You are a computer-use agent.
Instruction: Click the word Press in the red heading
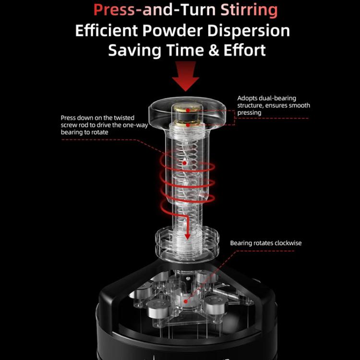coord(114,10)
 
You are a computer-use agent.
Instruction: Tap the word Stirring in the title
coord(249,11)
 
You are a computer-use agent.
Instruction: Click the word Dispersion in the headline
coord(249,31)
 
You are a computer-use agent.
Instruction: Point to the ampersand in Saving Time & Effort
coord(214,50)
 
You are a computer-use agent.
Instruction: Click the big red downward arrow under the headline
coord(185,76)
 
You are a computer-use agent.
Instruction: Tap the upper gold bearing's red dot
coord(188,110)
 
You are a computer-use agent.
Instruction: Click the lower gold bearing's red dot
coord(188,125)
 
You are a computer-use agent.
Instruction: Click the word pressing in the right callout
coord(249,113)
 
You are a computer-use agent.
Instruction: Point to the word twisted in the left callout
coord(124,118)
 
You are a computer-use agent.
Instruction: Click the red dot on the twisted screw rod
coord(184,163)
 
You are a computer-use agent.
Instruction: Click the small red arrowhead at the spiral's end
coord(188,237)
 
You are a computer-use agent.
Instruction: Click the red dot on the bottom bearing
coord(186,301)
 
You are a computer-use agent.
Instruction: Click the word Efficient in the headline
coord(107,31)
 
